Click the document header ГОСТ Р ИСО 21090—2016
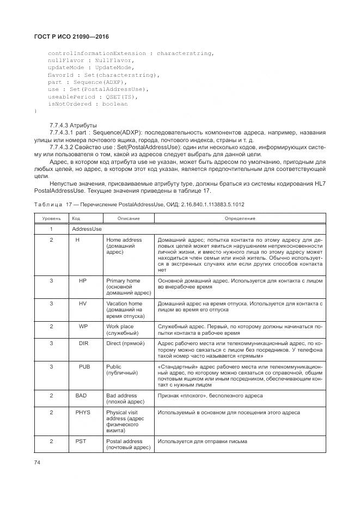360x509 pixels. click(72, 36)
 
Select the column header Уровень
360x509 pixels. click(51, 218)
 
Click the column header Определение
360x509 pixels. click(240, 218)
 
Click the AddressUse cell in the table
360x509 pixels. click(87, 229)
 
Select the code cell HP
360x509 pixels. click(83, 281)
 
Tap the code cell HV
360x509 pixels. click(83, 303)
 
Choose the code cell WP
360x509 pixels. click(83, 326)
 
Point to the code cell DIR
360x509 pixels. click(83, 344)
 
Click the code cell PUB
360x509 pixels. click(84, 367)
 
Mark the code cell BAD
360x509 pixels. click(81, 396)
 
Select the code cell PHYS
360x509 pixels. click(83, 413)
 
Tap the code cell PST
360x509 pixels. click(82, 441)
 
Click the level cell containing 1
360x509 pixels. click(51, 229)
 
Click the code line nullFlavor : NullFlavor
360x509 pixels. click(79, 60)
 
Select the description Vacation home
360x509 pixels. click(124, 303)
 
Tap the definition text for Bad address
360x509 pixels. click(210, 396)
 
